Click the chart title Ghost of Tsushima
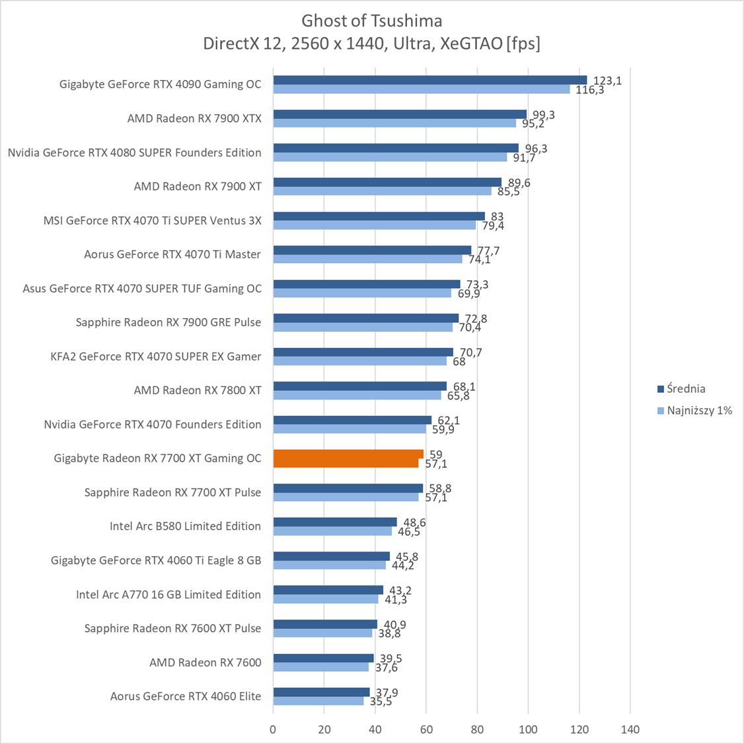pyautogui.click(x=372, y=21)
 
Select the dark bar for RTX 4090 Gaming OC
pyautogui.click(x=429, y=80)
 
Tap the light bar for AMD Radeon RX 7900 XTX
pyautogui.click(x=394, y=123)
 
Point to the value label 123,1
pyautogui.click(x=607, y=81)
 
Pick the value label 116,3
pyautogui.click(x=589, y=90)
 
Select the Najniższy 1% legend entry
pyautogui.click(x=698, y=410)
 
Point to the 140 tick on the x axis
pyautogui.click(x=630, y=729)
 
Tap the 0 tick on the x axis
pyautogui.click(x=273, y=729)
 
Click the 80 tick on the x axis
pyautogui.click(x=477, y=729)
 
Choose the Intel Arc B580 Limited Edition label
pyautogui.click(x=185, y=526)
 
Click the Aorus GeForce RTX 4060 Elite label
pyautogui.click(x=185, y=696)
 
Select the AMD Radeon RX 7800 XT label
pyautogui.click(x=197, y=390)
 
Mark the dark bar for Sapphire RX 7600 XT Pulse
pyautogui.click(x=325, y=624)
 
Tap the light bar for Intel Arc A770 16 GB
pyautogui.click(x=326, y=599)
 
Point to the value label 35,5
pyautogui.click(x=381, y=701)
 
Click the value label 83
pyautogui.click(x=498, y=216)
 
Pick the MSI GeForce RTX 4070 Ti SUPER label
pyautogui.click(x=152, y=220)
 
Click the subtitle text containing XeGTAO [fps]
pyautogui.click(x=372, y=44)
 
